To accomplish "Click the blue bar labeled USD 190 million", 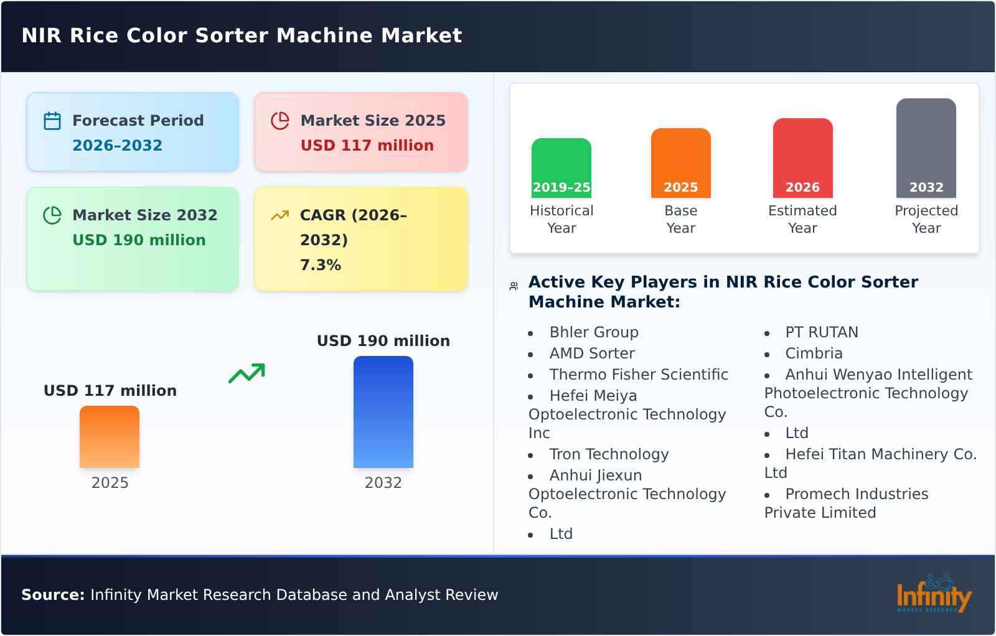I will pyautogui.click(x=383, y=411).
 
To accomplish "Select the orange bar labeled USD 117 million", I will pyautogui.click(x=110, y=436).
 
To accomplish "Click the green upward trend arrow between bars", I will pyautogui.click(x=247, y=373).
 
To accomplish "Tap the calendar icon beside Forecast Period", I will pyautogui.click(x=52, y=121).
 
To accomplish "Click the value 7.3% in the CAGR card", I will pyautogui.click(x=320, y=265).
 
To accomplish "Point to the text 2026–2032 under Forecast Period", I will pyautogui.click(x=117, y=146).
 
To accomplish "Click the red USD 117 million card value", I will pyautogui.click(x=367, y=146).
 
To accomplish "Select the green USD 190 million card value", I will pyautogui.click(x=139, y=240).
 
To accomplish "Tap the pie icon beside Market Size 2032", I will pyautogui.click(x=52, y=215).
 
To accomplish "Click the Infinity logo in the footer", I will pyautogui.click(x=933, y=595).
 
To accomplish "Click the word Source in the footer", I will pyautogui.click(x=52, y=595).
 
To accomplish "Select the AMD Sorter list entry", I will pyautogui.click(x=591, y=353).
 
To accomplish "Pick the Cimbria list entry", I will pyautogui.click(x=814, y=353).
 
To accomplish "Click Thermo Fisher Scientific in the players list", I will pyautogui.click(x=638, y=375).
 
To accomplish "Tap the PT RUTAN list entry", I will pyautogui.click(x=821, y=332).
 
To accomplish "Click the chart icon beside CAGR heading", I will pyautogui.click(x=280, y=215).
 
